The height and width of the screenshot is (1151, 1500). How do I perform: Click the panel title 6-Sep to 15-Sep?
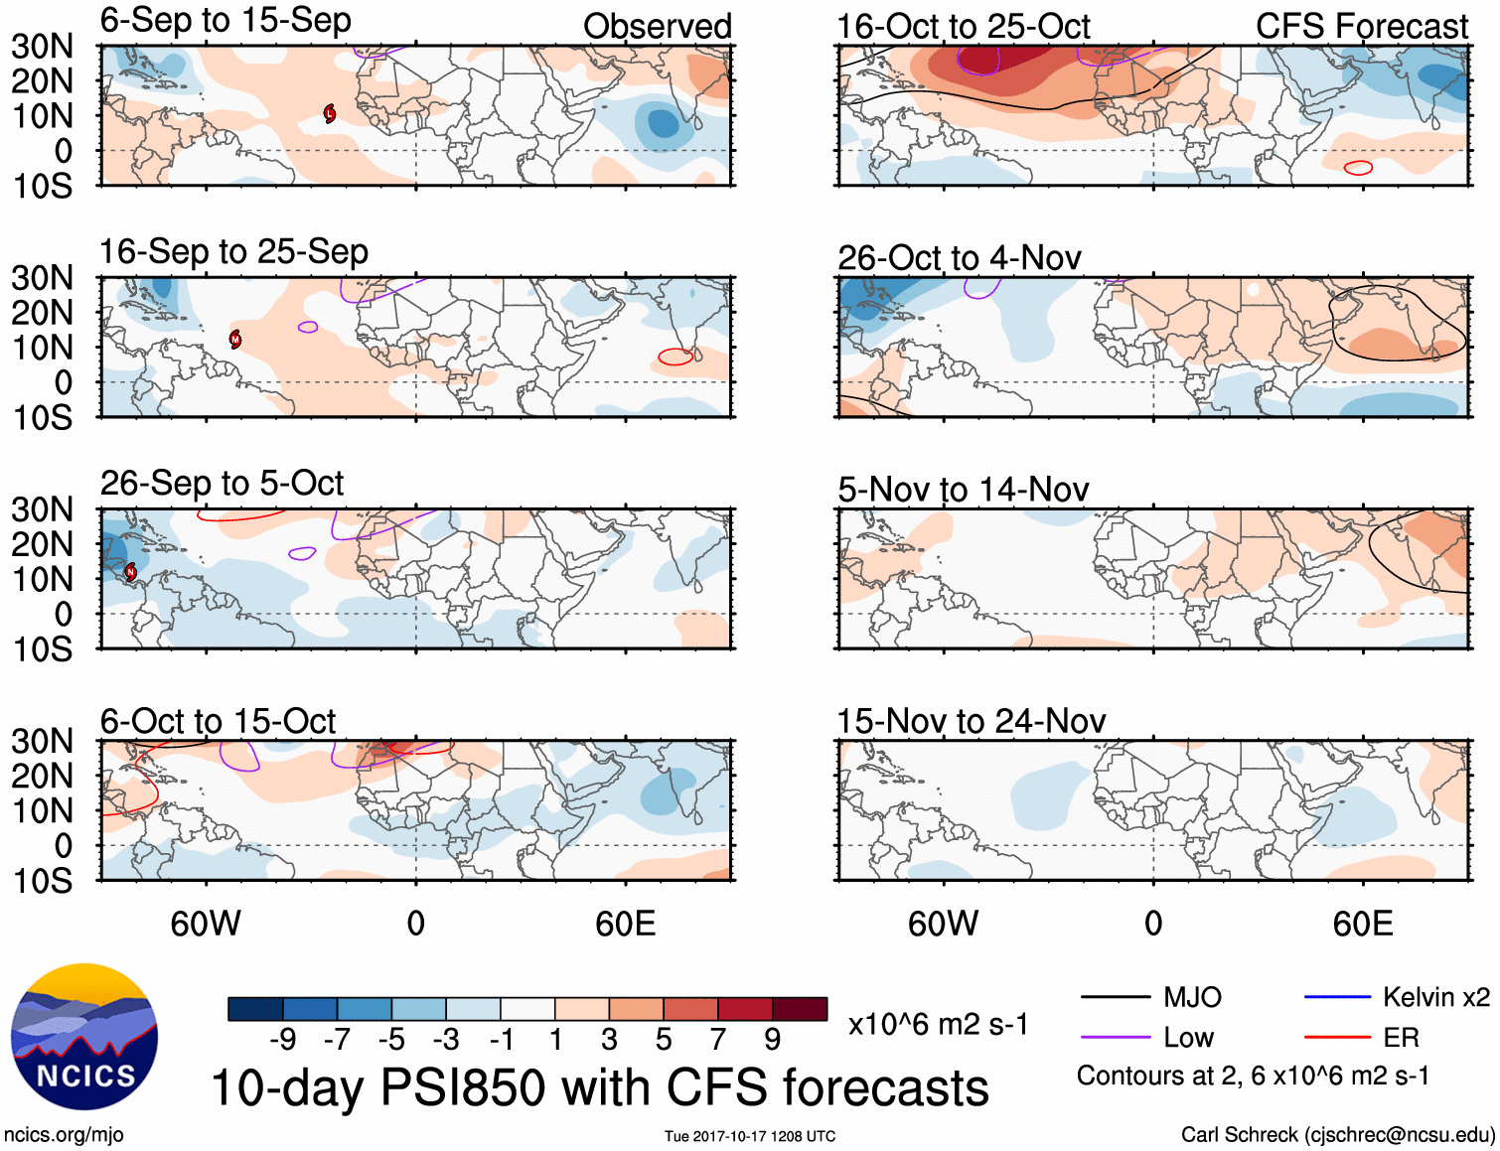tap(225, 20)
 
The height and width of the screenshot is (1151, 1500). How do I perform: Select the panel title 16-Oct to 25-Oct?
tap(963, 26)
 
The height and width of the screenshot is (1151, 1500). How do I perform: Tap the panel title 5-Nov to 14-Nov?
tap(963, 489)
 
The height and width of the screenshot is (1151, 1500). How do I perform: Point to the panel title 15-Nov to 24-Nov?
tap(971, 720)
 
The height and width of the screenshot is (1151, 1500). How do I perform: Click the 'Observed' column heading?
tap(657, 26)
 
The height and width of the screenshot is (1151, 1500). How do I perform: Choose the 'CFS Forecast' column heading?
tap(1361, 26)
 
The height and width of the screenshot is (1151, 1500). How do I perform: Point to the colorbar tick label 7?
tap(718, 1039)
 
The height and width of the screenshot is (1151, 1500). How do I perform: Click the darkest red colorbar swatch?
tap(800, 1009)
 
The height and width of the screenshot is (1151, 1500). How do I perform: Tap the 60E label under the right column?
tap(1362, 924)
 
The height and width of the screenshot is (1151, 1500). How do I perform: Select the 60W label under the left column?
tap(206, 924)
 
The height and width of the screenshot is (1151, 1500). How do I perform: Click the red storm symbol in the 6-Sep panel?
tap(330, 113)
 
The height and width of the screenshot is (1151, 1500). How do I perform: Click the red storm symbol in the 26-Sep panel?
tap(130, 572)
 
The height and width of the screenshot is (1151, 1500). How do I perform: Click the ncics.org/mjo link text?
tap(64, 1134)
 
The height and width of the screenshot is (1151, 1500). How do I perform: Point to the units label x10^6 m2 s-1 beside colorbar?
tap(938, 1024)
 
